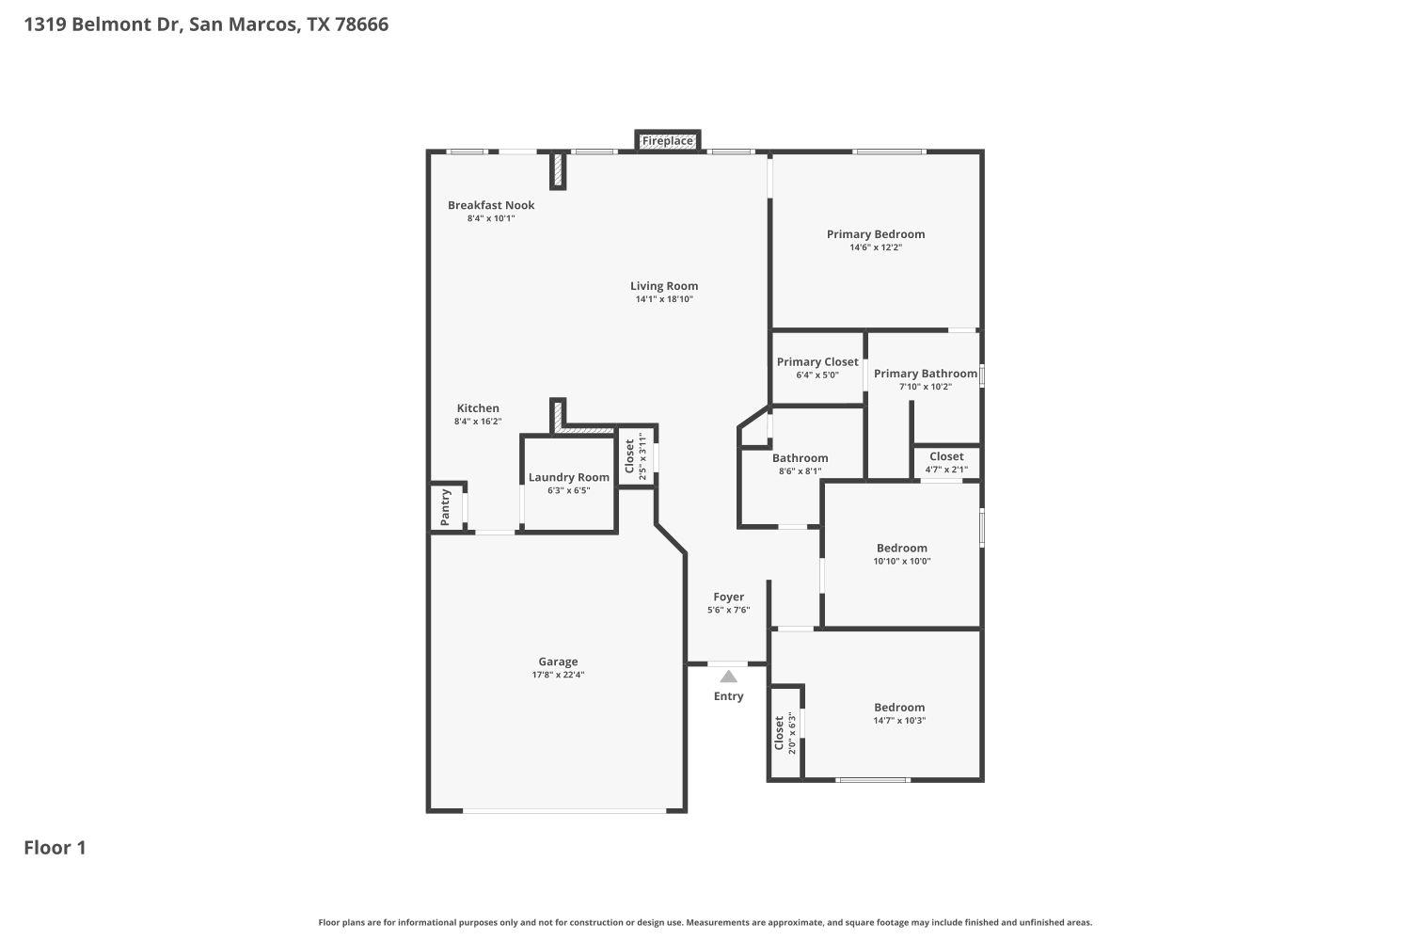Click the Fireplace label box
click(667, 141)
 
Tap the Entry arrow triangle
click(728, 676)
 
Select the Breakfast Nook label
click(491, 205)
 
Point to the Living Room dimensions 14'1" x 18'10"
click(664, 299)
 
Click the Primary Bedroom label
click(876, 234)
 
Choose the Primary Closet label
click(817, 362)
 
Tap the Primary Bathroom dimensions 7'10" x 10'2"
click(926, 387)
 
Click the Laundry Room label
click(568, 477)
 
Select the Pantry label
click(446, 507)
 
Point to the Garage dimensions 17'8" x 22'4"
click(558, 675)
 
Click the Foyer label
click(728, 597)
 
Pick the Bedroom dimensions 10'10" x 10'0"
click(902, 561)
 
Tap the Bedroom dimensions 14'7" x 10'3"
click(899, 721)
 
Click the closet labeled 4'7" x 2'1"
click(946, 462)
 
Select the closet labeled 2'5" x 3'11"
click(636, 456)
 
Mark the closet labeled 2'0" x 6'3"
click(785, 734)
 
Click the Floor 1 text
click(55, 848)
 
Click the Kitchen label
click(478, 408)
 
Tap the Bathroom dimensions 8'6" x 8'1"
click(800, 471)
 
